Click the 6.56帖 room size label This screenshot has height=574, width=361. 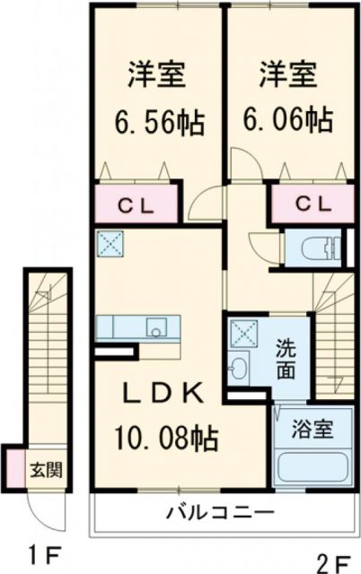pos(156,119)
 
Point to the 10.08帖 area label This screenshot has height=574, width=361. pos(163,439)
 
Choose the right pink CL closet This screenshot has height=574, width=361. pos(309,204)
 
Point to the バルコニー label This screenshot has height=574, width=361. pos(220,514)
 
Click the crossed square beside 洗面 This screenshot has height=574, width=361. pos(242,332)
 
